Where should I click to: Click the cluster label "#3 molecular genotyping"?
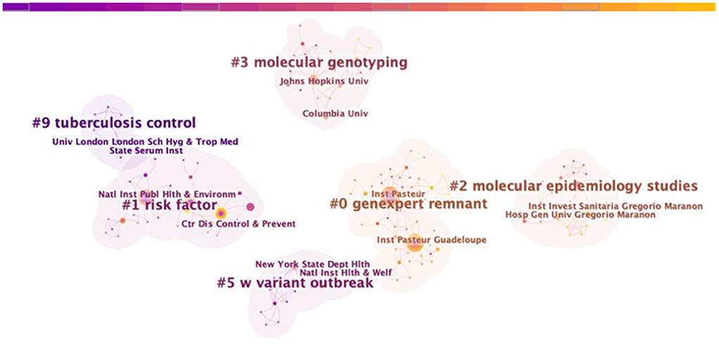tap(319, 63)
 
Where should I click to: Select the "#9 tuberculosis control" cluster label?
tap(113, 123)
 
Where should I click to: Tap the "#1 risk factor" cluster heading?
tap(169, 205)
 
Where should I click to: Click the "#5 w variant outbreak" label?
tap(295, 283)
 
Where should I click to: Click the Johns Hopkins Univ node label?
tap(324, 81)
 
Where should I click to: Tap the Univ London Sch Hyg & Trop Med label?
tap(145, 142)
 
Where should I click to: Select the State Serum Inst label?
tap(146, 151)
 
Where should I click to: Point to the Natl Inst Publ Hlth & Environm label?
tap(167, 194)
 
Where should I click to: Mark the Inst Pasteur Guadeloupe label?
tap(432, 240)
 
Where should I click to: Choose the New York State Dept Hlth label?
tap(313, 264)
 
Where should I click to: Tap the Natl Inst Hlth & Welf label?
tap(346, 273)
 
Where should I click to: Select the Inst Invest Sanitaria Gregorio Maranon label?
tap(615, 206)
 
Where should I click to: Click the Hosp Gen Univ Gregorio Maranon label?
tap(580, 215)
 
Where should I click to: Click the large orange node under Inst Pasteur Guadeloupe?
tap(414, 246)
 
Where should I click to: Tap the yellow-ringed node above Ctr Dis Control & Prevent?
tap(221, 213)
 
